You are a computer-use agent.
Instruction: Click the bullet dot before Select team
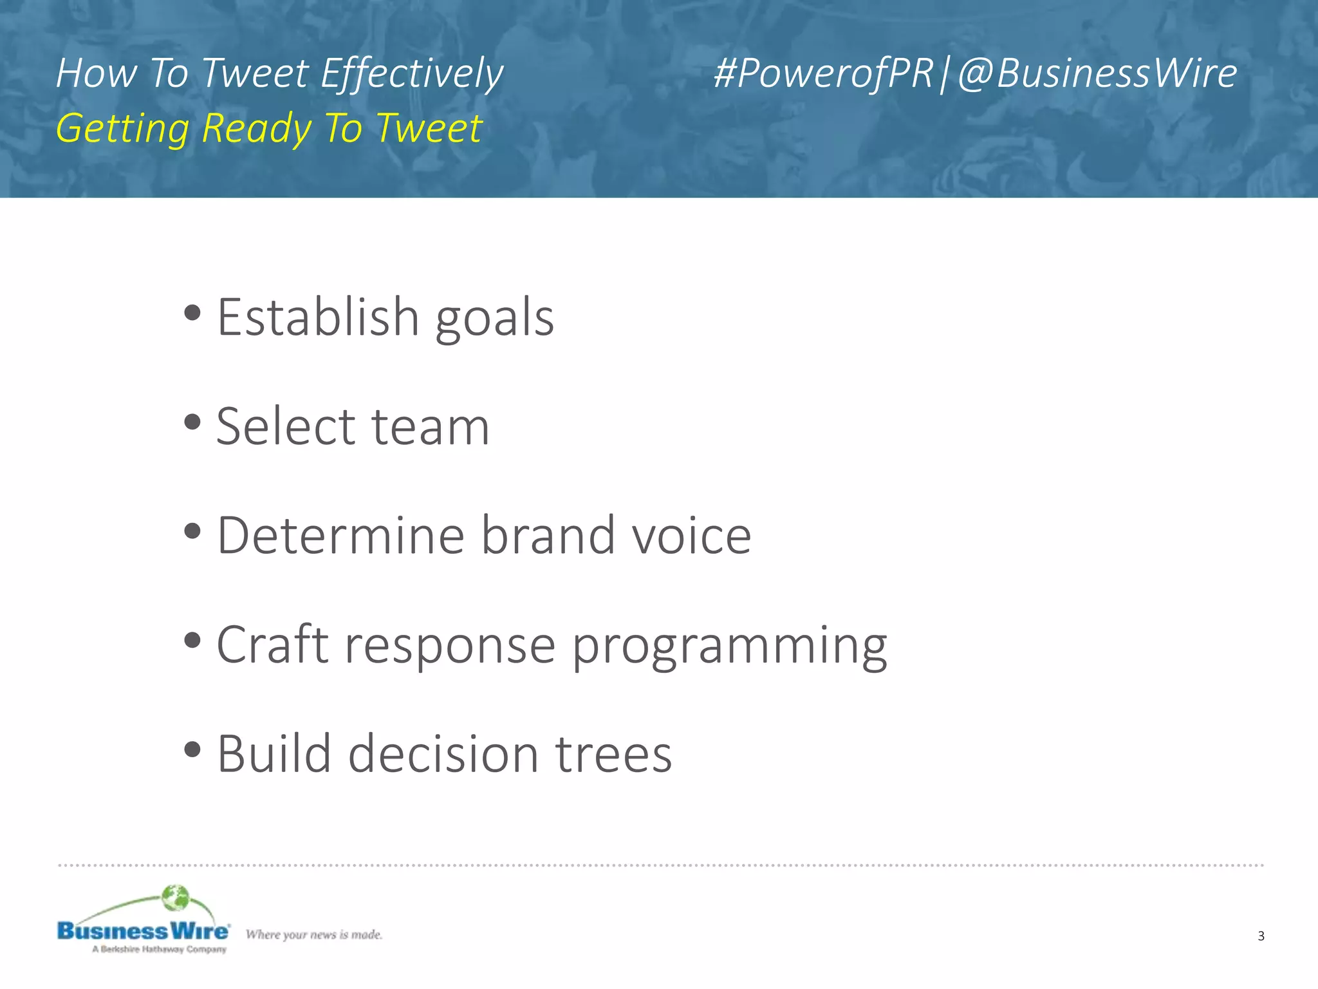click(x=192, y=423)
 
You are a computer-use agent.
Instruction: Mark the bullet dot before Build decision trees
click(x=192, y=749)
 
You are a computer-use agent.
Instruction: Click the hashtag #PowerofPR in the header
click(x=823, y=73)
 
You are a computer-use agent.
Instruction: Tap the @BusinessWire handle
click(x=1097, y=73)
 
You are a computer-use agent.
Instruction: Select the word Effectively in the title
click(x=412, y=74)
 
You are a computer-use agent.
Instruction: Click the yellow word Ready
click(x=256, y=128)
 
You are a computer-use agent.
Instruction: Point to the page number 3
click(x=1261, y=936)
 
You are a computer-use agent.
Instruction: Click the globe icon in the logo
click(x=175, y=898)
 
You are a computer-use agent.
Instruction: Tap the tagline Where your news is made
click(x=314, y=934)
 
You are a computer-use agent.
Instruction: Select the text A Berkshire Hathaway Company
click(x=159, y=949)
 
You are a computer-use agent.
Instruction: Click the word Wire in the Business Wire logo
click(x=199, y=931)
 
